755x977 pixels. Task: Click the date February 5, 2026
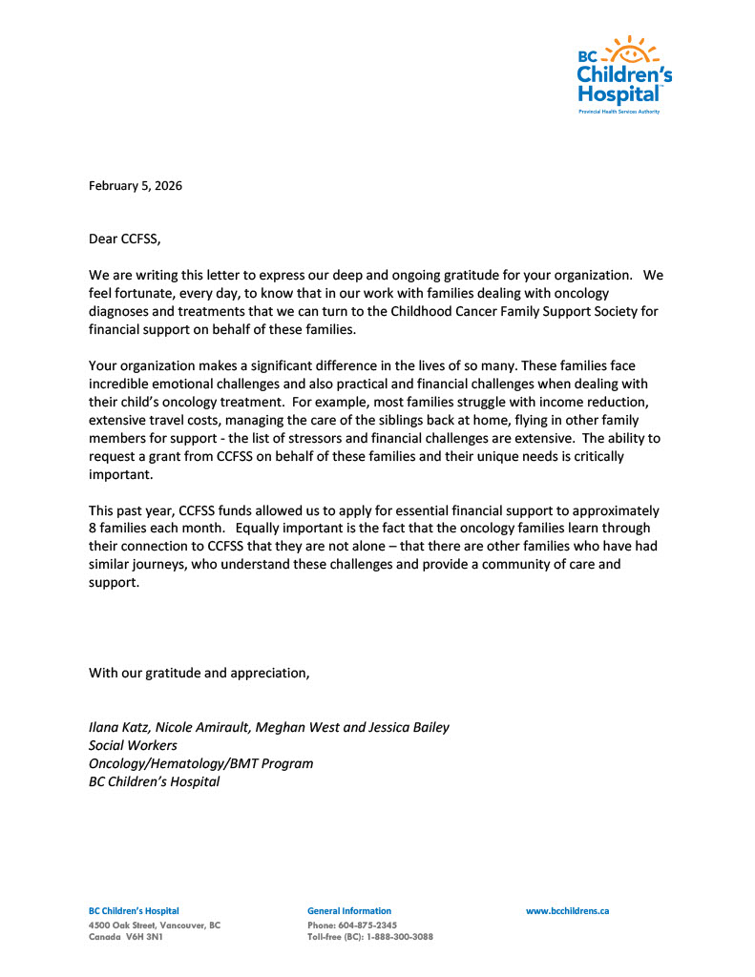136,186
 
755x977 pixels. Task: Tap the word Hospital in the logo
618,94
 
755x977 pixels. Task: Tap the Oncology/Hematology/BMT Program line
200,763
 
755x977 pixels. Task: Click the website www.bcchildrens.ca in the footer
567,911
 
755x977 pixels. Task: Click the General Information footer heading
348,911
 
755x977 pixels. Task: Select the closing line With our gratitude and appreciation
199,673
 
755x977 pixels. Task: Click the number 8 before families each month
93,529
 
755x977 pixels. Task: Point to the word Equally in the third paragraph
260,529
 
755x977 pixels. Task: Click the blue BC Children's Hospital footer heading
134,911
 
